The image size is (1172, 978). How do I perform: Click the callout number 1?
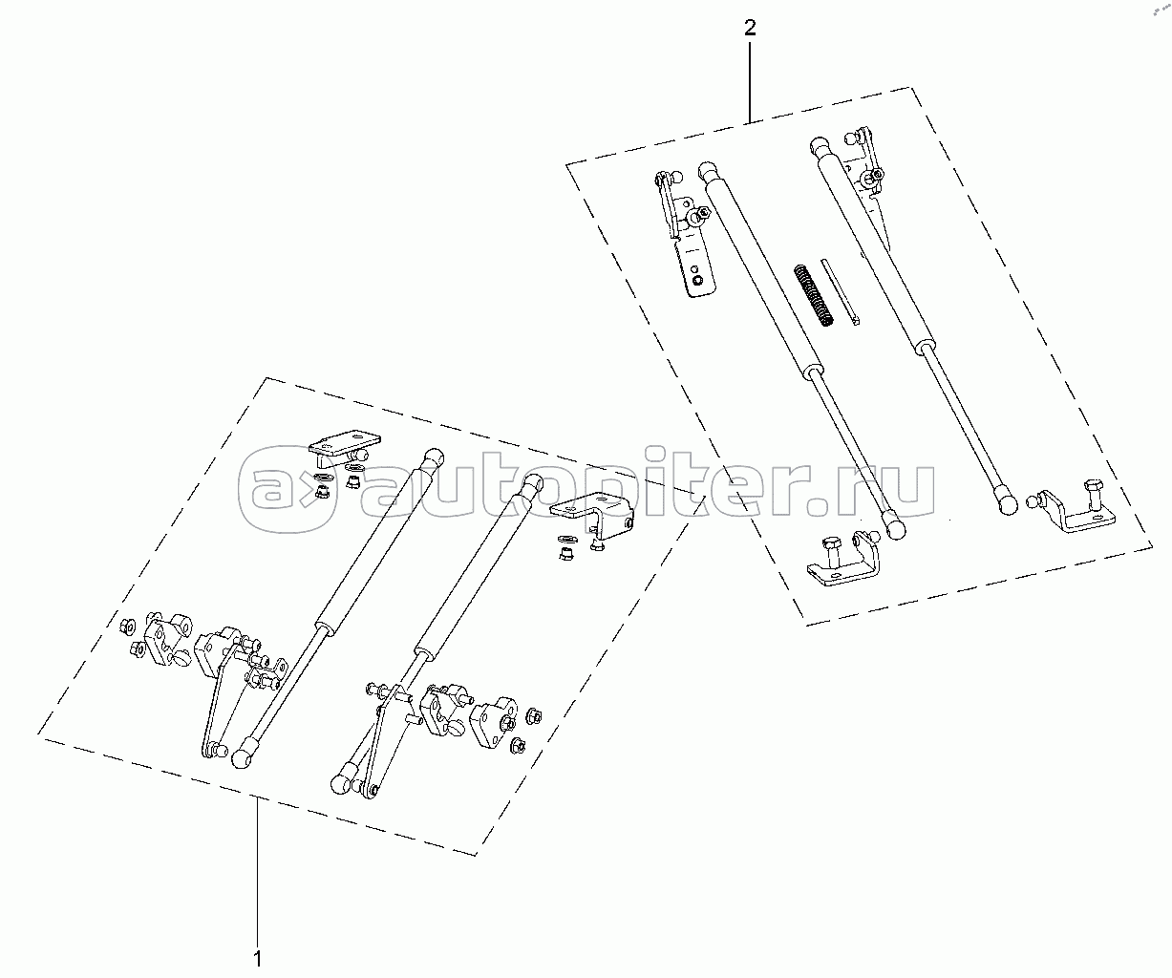(x=257, y=956)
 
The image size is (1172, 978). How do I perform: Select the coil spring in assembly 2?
(x=811, y=296)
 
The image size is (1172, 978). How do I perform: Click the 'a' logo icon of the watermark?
(x=287, y=490)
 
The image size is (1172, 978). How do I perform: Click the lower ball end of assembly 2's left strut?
(x=893, y=524)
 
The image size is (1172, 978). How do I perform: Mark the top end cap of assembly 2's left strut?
(x=708, y=172)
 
